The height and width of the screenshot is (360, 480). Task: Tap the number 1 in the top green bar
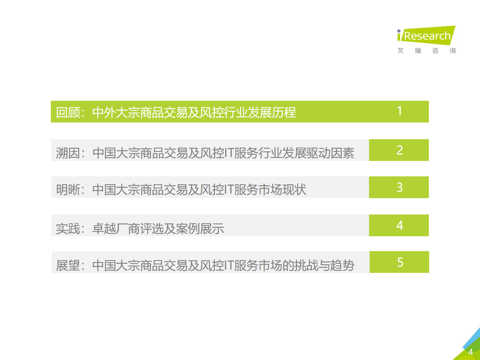(x=399, y=111)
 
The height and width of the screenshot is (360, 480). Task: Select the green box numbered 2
(x=399, y=150)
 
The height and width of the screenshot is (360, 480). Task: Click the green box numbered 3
(x=399, y=187)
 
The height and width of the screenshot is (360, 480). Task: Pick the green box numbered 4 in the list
(x=399, y=225)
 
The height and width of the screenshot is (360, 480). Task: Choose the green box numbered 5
(x=399, y=262)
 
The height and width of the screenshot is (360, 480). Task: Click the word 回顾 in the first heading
(x=68, y=113)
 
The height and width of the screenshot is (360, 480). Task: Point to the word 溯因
(x=68, y=153)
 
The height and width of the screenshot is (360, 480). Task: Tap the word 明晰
(x=68, y=189)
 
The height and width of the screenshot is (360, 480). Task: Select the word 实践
(x=68, y=228)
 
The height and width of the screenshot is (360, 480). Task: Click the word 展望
(x=68, y=266)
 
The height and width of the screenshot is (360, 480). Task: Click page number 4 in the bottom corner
(x=470, y=352)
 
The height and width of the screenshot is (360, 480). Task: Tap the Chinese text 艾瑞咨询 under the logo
(x=426, y=51)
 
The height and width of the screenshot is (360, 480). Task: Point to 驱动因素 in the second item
(x=330, y=153)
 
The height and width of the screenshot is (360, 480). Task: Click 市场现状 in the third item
(x=282, y=189)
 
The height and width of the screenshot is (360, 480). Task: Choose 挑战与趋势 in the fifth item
(x=324, y=266)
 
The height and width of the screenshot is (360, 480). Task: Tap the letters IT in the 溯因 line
(x=229, y=153)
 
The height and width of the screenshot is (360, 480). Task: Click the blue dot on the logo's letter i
(x=399, y=31)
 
